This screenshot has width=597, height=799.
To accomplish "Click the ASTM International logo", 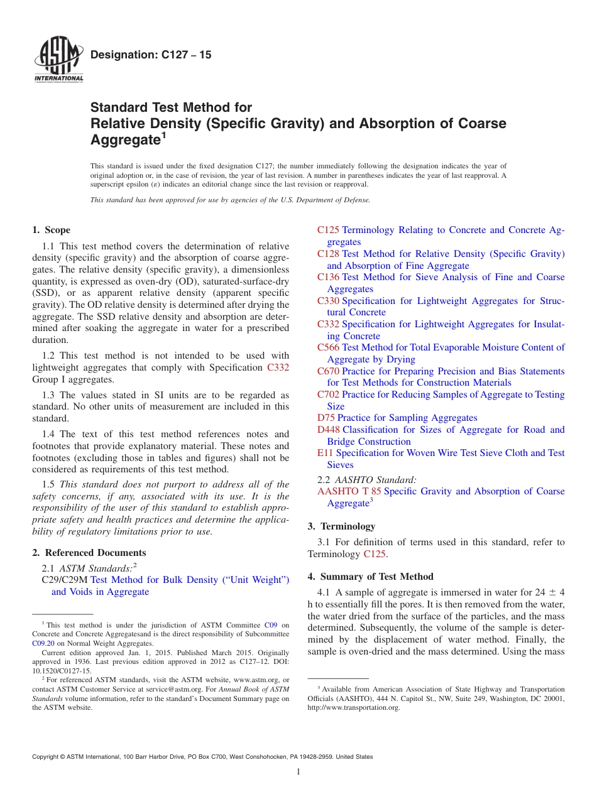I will coord(58,61).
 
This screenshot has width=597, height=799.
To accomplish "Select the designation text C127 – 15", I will coord(151,55).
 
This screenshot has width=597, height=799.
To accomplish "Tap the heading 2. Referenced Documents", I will coord(89,553).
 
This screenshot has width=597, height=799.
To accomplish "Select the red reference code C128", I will coord(328,254).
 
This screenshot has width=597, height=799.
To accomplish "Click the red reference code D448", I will coord(329,430).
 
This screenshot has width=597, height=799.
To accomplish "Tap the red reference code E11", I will coord(325,453).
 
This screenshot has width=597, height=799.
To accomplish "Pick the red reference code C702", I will coord(328,394).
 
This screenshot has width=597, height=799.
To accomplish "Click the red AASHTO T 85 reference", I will coord(349,491).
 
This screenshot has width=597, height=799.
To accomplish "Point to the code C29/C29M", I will coord(64,580).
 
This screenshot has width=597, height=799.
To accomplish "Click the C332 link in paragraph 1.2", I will coord(278,367).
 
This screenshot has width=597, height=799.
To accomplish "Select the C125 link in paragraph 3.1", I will coord(375,554).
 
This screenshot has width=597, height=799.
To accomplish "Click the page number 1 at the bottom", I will coord(298,772).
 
